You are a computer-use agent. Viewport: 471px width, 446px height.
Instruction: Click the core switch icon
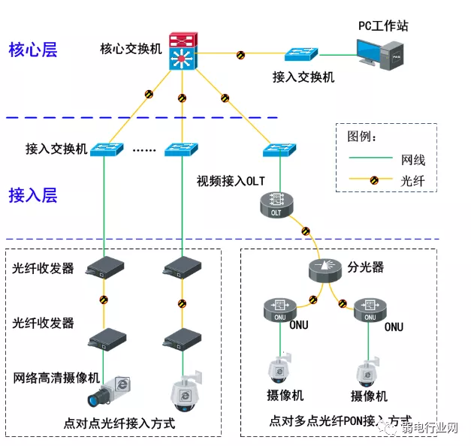(x=182, y=53)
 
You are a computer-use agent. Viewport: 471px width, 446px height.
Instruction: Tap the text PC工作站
(x=383, y=26)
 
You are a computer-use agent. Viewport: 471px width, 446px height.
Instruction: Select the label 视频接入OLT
(x=231, y=181)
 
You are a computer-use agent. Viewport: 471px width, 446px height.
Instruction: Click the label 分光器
(x=366, y=267)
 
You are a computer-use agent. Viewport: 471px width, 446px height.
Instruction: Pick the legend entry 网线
(x=412, y=160)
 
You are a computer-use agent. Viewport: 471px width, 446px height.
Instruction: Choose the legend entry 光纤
(x=412, y=180)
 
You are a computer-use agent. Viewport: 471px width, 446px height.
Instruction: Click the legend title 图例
(x=361, y=137)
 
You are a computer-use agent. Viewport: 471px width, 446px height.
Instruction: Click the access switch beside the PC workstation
(x=302, y=55)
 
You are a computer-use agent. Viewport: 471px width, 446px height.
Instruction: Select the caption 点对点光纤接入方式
(x=119, y=424)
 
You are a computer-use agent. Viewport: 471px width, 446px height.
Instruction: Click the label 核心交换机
(x=131, y=50)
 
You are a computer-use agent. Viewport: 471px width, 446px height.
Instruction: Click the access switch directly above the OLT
(x=278, y=150)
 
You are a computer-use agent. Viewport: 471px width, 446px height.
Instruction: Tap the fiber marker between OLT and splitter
(x=304, y=230)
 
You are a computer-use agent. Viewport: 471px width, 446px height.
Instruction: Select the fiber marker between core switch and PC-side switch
(x=240, y=55)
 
